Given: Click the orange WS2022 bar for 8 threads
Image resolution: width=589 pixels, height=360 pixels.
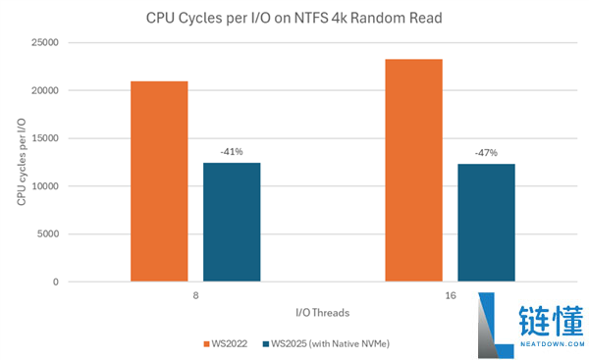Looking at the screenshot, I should [x=159, y=181].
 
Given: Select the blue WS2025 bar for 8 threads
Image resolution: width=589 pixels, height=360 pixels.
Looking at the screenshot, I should [x=232, y=222].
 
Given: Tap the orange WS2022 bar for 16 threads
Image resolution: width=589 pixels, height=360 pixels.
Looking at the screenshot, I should [x=413, y=171].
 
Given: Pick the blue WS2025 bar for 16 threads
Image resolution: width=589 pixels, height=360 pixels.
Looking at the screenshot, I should [x=486, y=223].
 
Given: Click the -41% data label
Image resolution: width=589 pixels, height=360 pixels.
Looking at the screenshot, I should [x=232, y=152].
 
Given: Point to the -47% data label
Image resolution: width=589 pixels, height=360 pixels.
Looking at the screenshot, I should [x=486, y=153].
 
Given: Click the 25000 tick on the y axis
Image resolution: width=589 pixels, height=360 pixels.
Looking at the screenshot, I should [x=73, y=42].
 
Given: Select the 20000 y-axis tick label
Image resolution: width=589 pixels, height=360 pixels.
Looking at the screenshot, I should [x=73, y=90].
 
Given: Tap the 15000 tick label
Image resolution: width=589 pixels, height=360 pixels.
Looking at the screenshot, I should [x=73, y=138].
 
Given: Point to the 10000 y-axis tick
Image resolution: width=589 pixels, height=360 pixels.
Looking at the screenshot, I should [x=73, y=186].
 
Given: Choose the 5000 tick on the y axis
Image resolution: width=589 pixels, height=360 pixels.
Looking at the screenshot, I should [x=76, y=234].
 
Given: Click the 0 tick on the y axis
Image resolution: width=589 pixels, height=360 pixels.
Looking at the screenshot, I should [x=83, y=283].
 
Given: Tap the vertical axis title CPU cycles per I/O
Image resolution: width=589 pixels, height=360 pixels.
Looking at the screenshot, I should [x=21, y=162].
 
